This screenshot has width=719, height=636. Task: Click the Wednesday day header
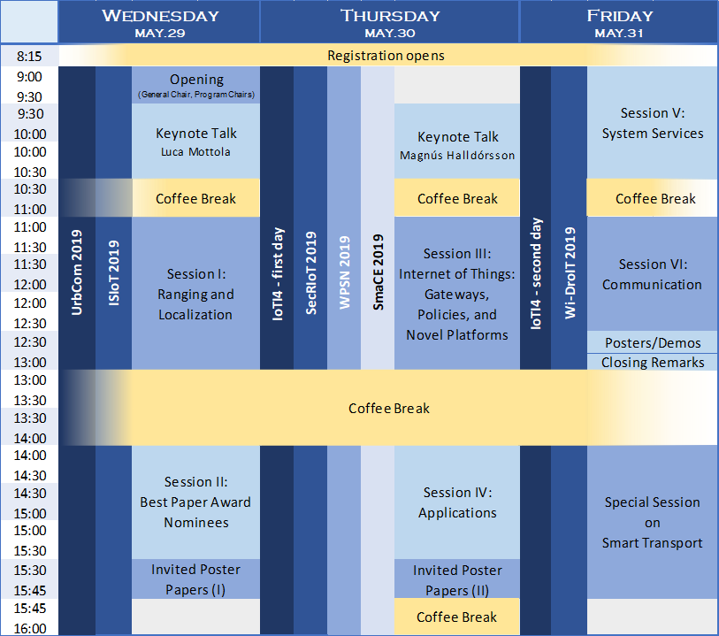pyautogui.click(x=160, y=22)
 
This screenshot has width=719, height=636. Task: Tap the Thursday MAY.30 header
pyautogui.click(x=390, y=22)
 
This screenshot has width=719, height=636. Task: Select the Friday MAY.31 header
pyautogui.click(x=618, y=22)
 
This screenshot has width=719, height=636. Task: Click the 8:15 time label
pyautogui.click(x=29, y=56)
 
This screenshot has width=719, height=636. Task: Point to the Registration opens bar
pyautogui.click(x=386, y=56)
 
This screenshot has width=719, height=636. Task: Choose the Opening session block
pyautogui.click(x=196, y=85)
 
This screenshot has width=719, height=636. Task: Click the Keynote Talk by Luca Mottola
pyautogui.click(x=196, y=142)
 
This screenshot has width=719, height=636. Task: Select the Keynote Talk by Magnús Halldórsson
pyautogui.click(x=457, y=144)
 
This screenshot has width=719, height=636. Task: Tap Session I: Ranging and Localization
pyautogui.click(x=196, y=294)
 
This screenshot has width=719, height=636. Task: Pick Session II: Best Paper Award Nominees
pyautogui.click(x=196, y=502)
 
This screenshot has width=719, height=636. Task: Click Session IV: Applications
pyautogui.click(x=457, y=502)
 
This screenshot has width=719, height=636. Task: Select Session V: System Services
pyautogui.click(x=653, y=123)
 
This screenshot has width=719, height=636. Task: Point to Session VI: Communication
pyautogui.click(x=653, y=274)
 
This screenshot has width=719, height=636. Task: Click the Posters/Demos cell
pyautogui.click(x=653, y=342)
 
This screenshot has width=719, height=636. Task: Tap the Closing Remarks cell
pyautogui.click(x=653, y=362)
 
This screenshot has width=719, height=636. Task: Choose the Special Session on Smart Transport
pyautogui.click(x=653, y=522)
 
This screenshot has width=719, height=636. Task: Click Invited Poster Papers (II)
pyautogui.click(x=457, y=580)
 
